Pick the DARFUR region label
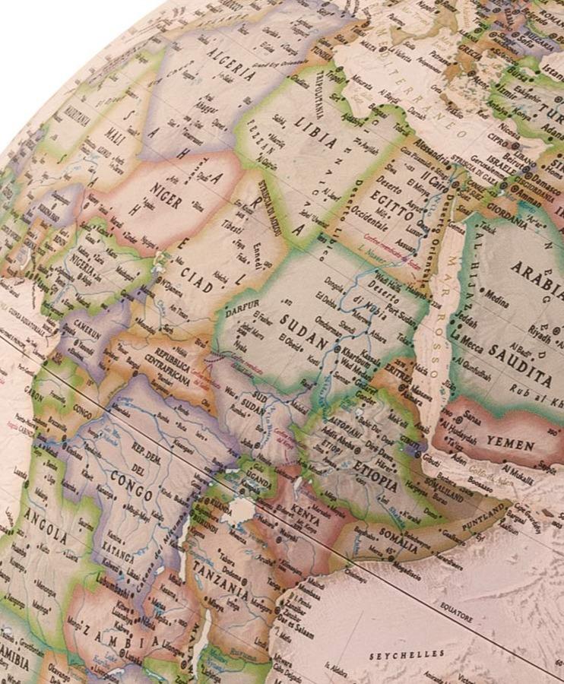241,309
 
